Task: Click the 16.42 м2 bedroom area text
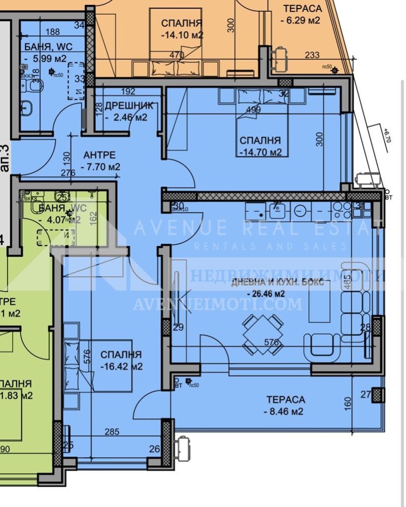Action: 121,366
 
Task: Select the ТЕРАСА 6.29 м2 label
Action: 301,14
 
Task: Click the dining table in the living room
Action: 262,333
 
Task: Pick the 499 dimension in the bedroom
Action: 253,109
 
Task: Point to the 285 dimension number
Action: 111,432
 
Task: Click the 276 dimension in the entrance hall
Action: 68,173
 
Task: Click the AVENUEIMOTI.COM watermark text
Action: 217,304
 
